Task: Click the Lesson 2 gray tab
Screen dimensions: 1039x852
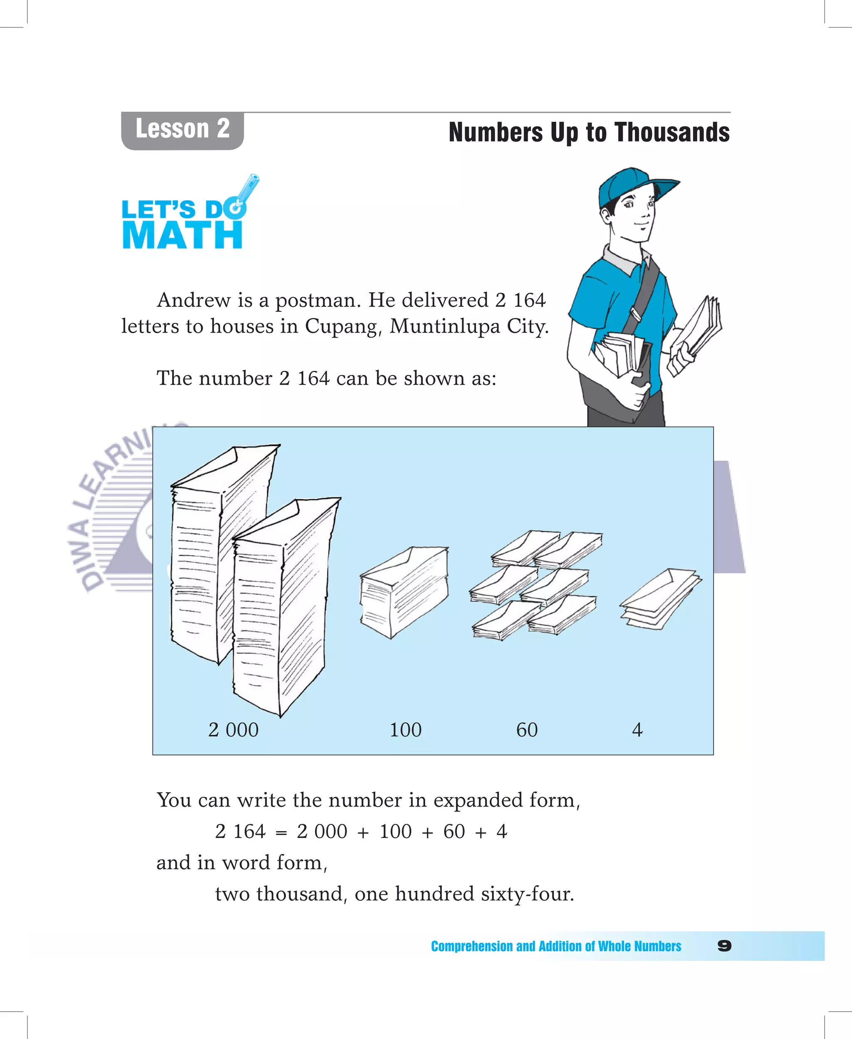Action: point(182,130)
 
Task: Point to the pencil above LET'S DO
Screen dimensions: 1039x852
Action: point(249,189)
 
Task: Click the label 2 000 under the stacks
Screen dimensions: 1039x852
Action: point(233,730)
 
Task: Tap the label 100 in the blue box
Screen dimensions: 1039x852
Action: point(405,730)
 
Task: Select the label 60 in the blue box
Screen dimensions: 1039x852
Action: point(527,730)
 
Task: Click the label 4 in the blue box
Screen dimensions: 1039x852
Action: point(637,730)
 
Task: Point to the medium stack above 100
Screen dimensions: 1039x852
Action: point(404,591)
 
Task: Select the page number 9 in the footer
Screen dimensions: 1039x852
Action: point(724,946)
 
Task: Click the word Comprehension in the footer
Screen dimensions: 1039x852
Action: point(472,946)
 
